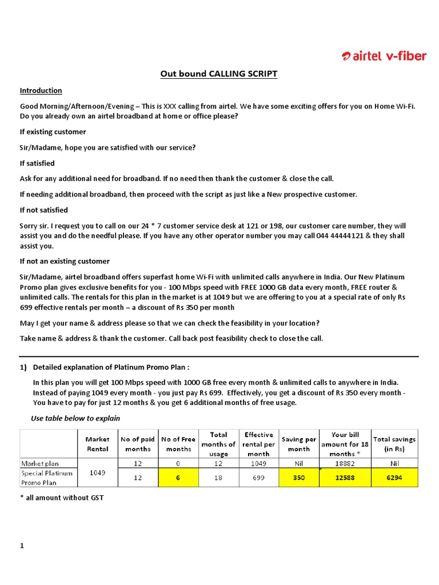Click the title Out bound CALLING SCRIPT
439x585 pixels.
219,74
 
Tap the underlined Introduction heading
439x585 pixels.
41,91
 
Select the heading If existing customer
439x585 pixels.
53,132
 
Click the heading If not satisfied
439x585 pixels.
44,210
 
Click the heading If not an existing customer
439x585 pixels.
65,262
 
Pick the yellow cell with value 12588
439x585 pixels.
342,478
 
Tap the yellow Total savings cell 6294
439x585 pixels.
394,478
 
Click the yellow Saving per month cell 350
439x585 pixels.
299,478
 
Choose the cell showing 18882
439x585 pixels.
342,463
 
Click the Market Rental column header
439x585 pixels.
97,444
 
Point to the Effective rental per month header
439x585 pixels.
258,444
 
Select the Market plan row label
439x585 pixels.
40,463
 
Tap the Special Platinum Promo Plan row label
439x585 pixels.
47,478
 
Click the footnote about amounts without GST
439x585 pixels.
62,498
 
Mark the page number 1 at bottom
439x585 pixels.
22,546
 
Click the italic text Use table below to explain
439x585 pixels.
75,418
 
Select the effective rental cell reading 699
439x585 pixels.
258,478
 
